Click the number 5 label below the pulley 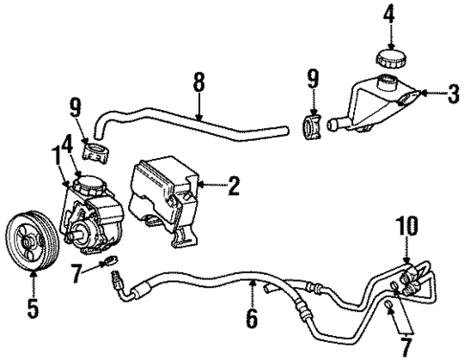pos(33,309)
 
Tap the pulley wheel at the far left pos(32,257)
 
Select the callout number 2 pos(232,188)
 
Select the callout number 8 pos(198,83)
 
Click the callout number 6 pos(252,318)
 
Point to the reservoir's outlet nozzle pos(335,123)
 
